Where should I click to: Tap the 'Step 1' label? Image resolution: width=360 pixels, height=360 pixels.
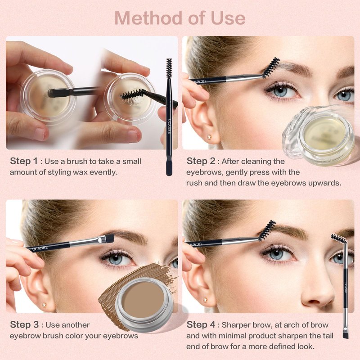(24, 161)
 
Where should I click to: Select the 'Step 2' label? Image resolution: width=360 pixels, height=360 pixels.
(201, 161)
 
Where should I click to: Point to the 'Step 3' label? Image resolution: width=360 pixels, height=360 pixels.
(24, 324)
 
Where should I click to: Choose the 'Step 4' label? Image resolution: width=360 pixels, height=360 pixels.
(201, 324)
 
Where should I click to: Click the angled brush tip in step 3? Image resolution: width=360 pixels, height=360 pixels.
(108, 239)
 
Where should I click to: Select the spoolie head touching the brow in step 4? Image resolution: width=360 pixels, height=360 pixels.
(267, 230)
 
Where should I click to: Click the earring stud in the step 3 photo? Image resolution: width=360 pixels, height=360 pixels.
(44, 305)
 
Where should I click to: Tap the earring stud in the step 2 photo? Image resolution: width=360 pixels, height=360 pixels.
(209, 137)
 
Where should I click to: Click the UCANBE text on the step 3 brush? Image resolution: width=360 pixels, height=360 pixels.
(40, 248)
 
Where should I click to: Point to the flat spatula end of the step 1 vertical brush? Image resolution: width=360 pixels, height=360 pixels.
(169, 168)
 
